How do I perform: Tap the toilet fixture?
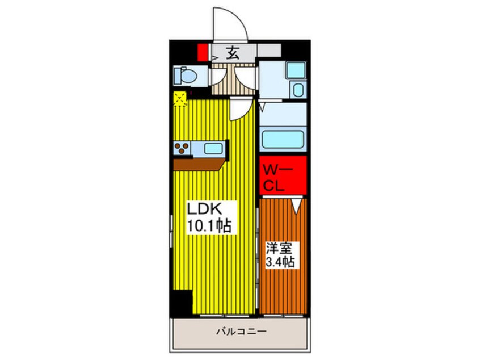185,75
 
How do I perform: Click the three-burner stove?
183,149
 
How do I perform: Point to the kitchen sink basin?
213,149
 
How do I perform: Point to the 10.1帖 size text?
208,225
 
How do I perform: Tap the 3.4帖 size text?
280,262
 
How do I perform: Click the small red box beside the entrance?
201,52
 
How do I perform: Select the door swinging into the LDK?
241,108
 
